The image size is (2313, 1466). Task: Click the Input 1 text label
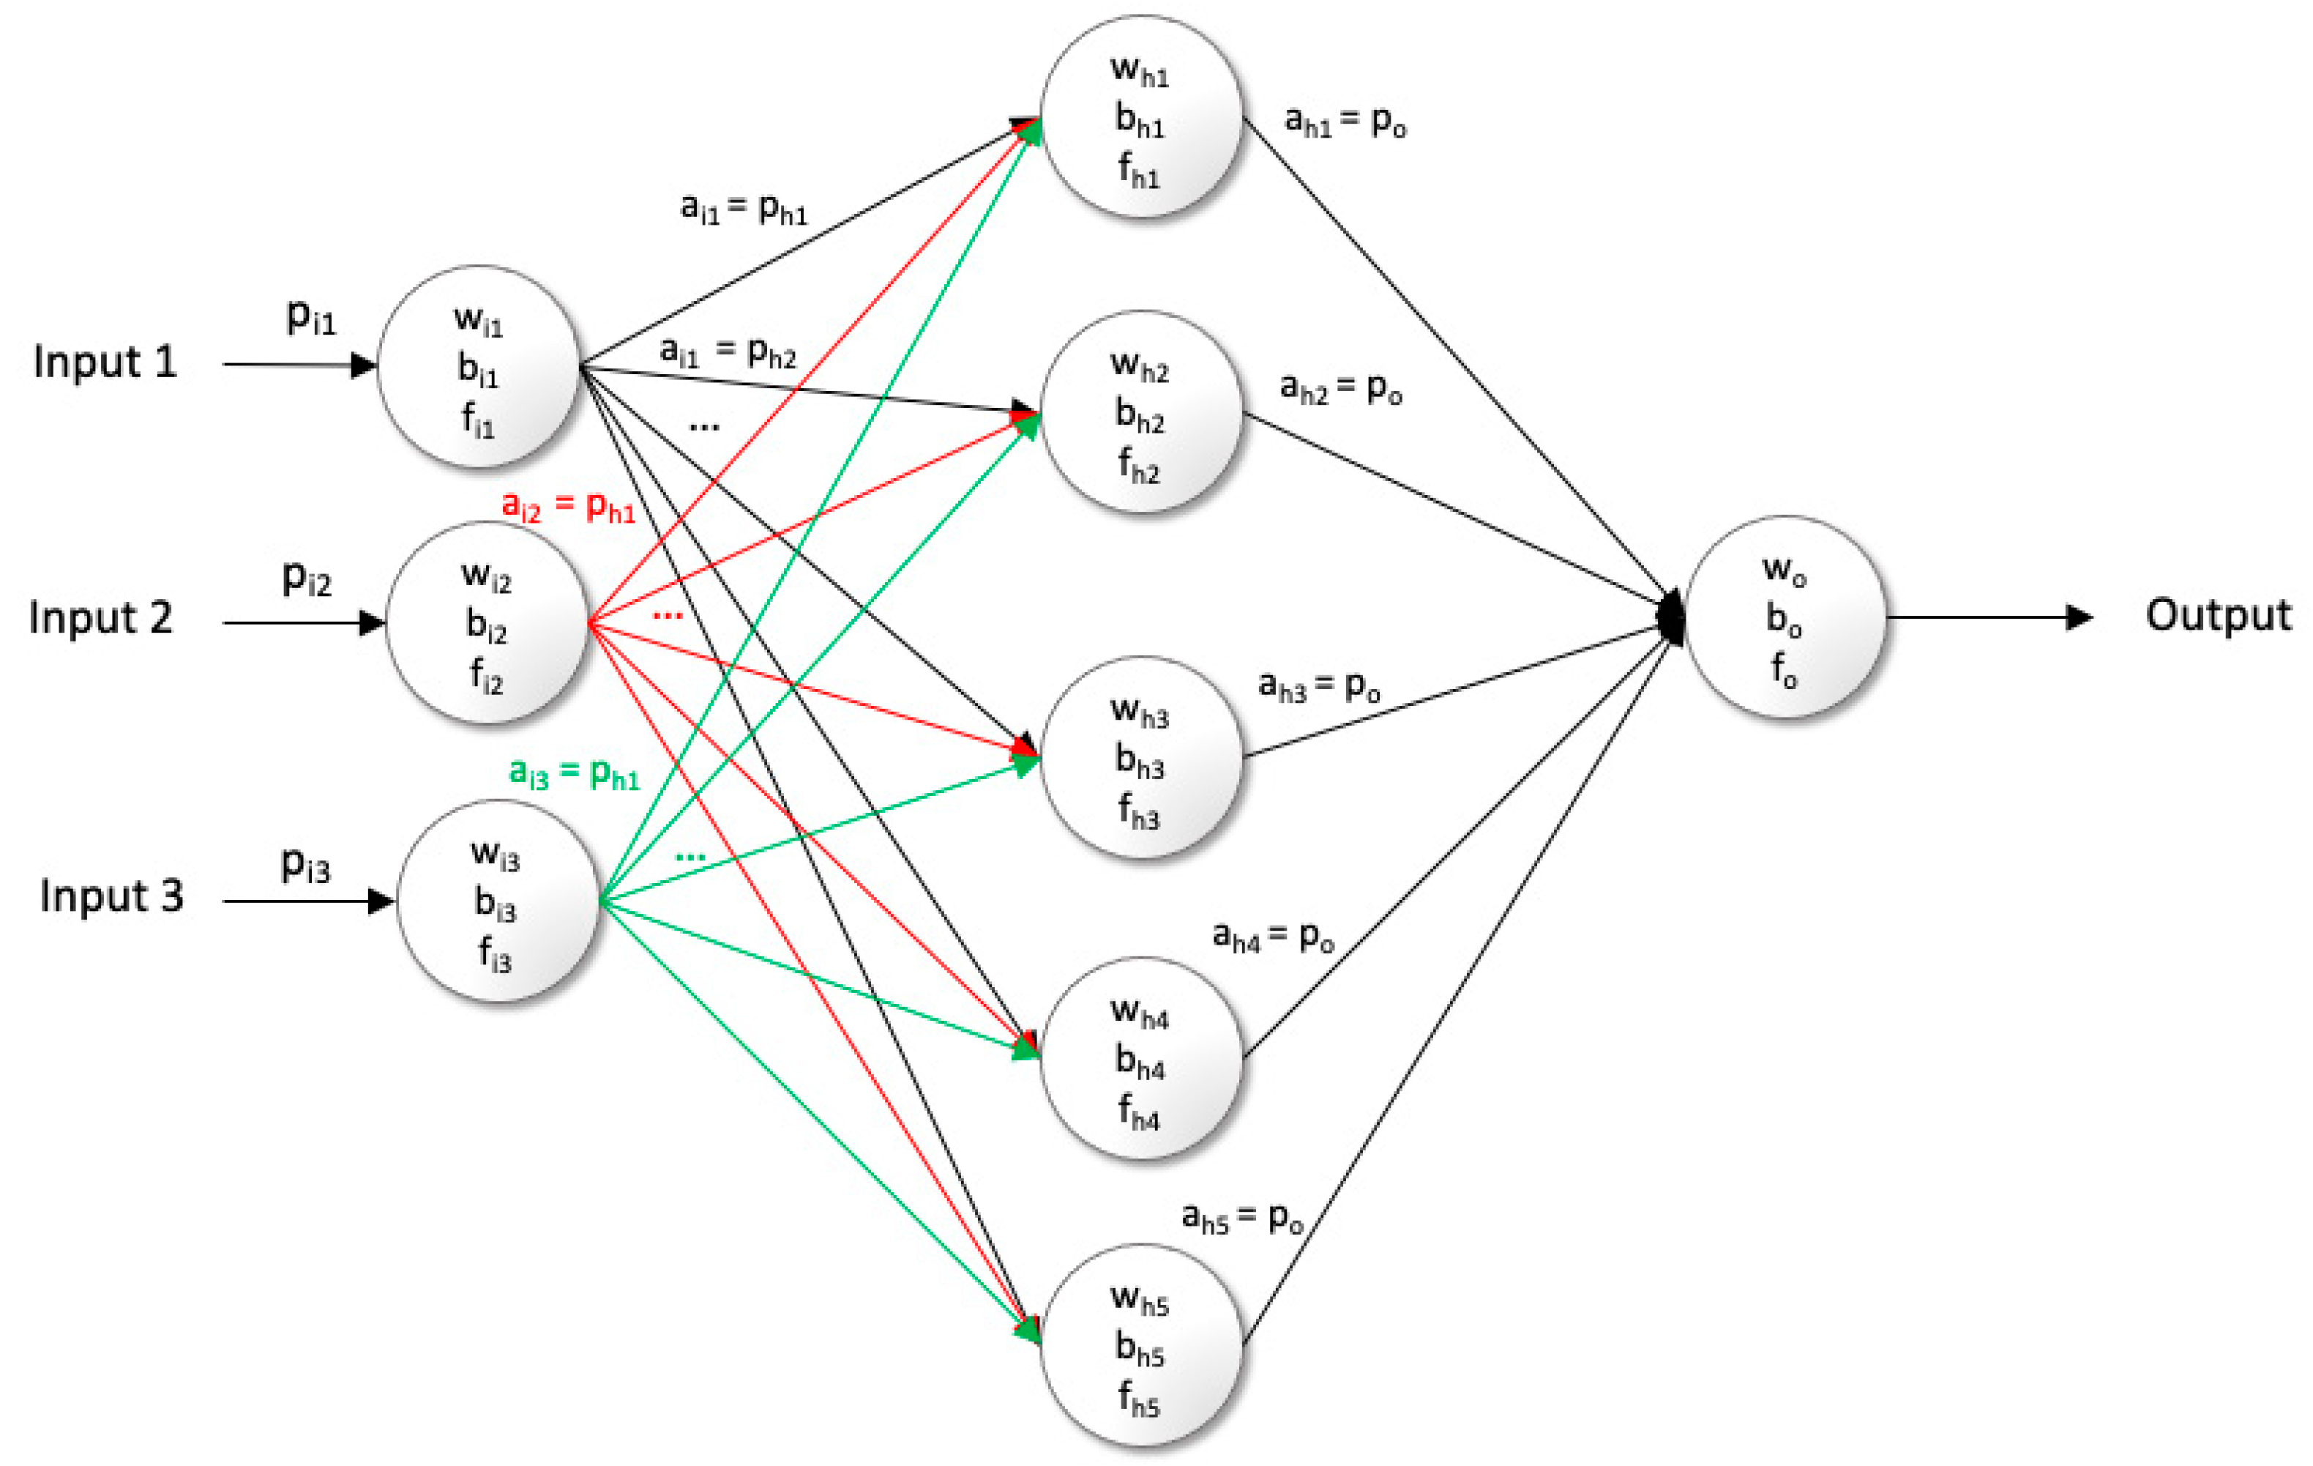click(x=105, y=363)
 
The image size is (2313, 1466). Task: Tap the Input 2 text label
click(x=101, y=619)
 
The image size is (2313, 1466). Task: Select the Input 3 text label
click(x=111, y=896)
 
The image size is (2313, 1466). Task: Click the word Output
click(x=2218, y=616)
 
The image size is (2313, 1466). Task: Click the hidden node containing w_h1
click(x=1140, y=117)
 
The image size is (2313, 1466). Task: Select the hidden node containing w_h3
click(x=1140, y=758)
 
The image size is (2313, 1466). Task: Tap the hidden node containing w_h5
click(x=1140, y=1345)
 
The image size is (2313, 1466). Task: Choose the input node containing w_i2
click(x=487, y=622)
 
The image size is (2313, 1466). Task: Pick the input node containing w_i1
click(x=479, y=366)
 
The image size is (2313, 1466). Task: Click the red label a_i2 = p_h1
click(x=569, y=505)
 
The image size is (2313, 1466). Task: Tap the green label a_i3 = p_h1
click(x=575, y=773)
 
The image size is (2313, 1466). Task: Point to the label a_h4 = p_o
click(x=1273, y=936)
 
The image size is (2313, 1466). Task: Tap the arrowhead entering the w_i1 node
click(x=363, y=365)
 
